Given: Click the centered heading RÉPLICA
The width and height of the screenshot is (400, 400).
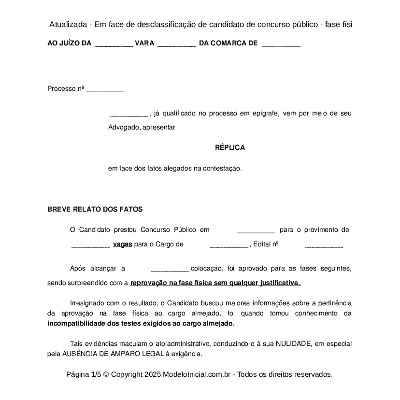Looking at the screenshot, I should (x=229, y=148).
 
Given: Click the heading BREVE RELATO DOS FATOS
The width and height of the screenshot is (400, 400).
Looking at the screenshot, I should (x=95, y=210).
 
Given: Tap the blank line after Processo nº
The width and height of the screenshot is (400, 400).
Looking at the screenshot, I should (x=105, y=89).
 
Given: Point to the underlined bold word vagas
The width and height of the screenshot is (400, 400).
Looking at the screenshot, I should (x=122, y=244).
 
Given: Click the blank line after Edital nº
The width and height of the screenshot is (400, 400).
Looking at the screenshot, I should (x=324, y=245).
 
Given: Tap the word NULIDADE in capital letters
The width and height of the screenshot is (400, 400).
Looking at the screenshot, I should (x=294, y=344).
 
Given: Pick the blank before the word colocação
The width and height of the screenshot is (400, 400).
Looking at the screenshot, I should (x=170, y=269).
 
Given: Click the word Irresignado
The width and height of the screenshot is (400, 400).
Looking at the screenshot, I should (x=88, y=303).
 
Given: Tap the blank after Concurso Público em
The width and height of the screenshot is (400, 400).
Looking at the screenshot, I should (x=256, y=230).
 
